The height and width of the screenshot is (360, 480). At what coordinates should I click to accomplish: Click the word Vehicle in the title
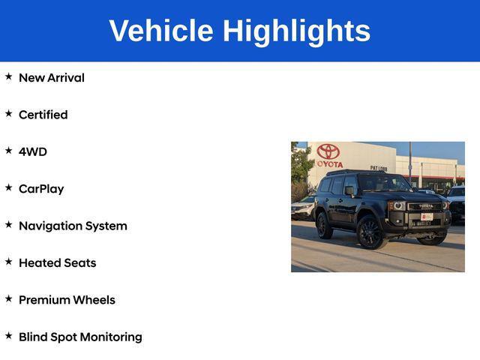(x=160, y=31)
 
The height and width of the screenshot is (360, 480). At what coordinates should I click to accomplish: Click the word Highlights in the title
(x=296, y=31)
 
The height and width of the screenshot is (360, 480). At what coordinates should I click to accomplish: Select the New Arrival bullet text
(x=51, y=78)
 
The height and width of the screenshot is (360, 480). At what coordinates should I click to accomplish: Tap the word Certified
(x=43, y=115)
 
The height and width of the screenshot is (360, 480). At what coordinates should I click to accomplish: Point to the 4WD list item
(x=32, y=151)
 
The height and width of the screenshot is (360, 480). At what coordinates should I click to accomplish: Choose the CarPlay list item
(x=41, y=189)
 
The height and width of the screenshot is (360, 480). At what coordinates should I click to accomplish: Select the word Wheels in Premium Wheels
(x=94, y=300)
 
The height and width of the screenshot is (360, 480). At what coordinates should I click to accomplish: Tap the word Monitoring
(x=111, y=337)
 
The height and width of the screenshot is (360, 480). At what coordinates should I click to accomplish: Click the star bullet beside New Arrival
(x=9, y=76)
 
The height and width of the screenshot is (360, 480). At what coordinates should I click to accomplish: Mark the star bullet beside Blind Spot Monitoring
(x=9, y=336)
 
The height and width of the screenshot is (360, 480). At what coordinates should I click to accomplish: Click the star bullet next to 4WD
(x=9, y=151)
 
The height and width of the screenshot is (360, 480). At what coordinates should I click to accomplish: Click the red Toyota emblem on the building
(x=328, y=151)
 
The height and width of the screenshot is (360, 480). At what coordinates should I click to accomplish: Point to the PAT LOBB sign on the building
(x=378, y=168)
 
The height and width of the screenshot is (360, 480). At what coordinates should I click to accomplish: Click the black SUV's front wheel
(x=370, y=231)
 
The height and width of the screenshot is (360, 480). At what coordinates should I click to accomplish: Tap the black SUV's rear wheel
(x=324, y=224)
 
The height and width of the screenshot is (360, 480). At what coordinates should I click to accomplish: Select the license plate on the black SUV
(x=427, y=217)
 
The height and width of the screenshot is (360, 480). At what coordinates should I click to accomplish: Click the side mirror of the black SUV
(x=350, y=191)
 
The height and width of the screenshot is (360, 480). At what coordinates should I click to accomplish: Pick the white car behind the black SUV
(x=303, y=208)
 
